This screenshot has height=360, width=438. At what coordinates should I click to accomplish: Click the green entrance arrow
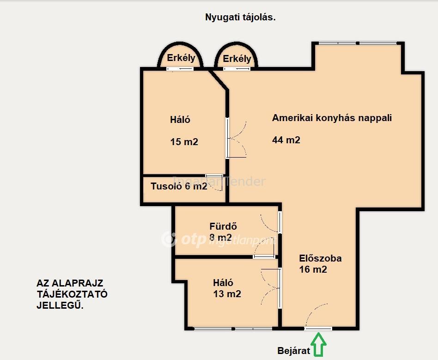(319, 344)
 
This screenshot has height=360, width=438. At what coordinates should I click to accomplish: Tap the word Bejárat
(293, 351)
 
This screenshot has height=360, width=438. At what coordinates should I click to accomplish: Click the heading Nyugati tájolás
(240, 17)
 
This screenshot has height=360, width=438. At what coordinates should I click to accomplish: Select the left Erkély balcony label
(181, 58)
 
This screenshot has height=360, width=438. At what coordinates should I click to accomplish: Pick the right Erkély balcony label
(237, 59)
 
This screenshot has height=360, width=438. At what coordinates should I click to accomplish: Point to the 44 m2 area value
(286, 140)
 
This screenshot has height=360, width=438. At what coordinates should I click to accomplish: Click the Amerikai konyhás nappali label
(332, 118)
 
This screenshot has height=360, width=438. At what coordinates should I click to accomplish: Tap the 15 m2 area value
(184, 142)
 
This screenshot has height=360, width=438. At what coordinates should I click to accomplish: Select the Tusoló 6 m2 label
(179, 186)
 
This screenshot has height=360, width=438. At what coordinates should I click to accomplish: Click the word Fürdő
(223, 226)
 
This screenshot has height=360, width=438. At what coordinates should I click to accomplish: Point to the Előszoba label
(320, 258)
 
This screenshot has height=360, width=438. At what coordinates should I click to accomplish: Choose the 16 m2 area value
(313, 269)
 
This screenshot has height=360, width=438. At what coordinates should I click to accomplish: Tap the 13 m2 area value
(227, 294)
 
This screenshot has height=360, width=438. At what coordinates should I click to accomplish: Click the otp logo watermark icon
(169, 239)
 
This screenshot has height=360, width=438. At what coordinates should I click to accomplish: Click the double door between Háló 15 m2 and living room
(236, 138)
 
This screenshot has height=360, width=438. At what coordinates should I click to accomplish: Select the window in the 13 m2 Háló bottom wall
(233, 329)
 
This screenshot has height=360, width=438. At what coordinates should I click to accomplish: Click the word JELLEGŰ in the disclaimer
(60, 305)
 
